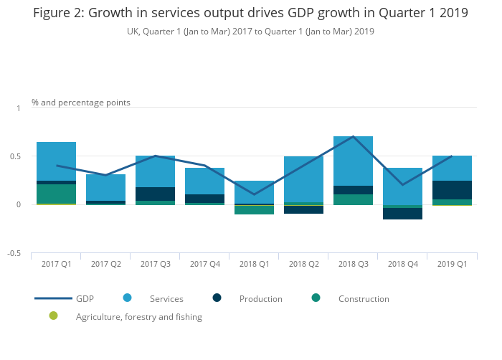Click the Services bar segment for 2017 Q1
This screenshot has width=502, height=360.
[x=56, y=161]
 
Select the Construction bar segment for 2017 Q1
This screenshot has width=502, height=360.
[x=56, y=194]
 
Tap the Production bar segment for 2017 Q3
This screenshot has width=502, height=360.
[x=155, y=194]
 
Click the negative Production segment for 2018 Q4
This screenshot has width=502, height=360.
[x=402, y=214]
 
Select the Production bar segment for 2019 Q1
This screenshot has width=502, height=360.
[x=452, y=190]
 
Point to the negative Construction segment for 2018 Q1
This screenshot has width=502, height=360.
[x=254, y=210]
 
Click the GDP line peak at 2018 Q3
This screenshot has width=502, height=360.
[x=353, y=136]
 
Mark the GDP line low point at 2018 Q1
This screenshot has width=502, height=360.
[x=254, y=194]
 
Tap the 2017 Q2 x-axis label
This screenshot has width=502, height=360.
[x=105, y=265]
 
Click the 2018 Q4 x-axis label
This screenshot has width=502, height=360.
[x=402, y=265]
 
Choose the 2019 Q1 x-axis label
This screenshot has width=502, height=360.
[x=452, y=265]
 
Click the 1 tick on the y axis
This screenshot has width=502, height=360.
[x=19, y=108]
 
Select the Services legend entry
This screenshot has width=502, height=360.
[x=166, y=299]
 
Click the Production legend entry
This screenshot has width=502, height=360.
[x=260, y=299]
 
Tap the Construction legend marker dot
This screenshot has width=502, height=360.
[x=316, y=298]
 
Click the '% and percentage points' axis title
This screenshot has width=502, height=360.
[x=81, y=103]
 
